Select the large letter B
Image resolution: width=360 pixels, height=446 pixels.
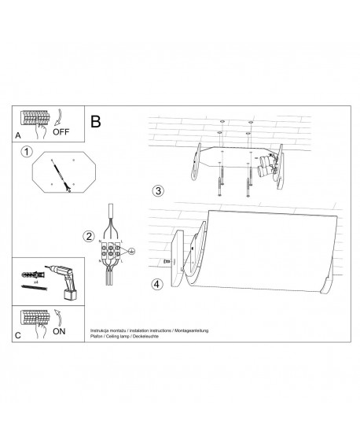95,122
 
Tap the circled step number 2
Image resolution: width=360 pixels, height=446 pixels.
89,235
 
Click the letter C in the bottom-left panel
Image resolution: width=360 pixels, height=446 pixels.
18,335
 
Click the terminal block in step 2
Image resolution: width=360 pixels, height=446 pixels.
109,251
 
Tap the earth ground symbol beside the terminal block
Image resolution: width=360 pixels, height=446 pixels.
132,252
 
